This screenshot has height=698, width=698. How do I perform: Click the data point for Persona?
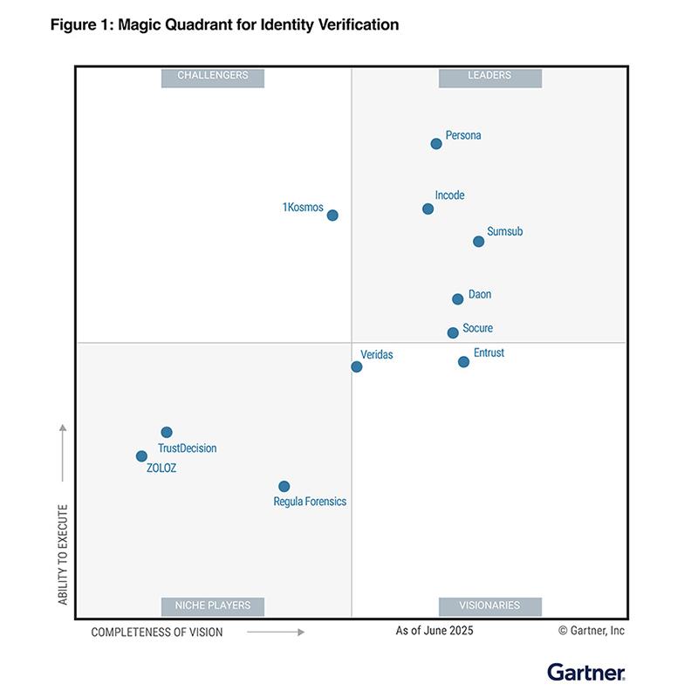(436, 144)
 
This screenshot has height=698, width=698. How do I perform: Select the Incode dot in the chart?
(428, 209)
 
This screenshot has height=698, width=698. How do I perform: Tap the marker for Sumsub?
(478, 242)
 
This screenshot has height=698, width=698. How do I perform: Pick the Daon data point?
(457, 299)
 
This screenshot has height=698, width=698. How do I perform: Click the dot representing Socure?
(453, 332)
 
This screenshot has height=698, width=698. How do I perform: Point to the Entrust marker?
(463, 362)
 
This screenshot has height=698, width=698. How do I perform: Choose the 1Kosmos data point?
(332, 216)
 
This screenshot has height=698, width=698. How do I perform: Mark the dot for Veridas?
(357, 366)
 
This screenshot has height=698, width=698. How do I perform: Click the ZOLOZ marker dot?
(141, 456)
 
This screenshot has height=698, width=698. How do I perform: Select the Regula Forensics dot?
(284, 487)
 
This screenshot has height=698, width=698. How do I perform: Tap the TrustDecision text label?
(187, 448)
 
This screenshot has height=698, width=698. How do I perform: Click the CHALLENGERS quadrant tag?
(213, 76)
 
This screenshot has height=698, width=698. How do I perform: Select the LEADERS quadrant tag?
(489, 76)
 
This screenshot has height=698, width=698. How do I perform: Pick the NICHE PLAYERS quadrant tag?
(213, 606)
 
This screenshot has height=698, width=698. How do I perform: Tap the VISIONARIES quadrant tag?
(489, 606)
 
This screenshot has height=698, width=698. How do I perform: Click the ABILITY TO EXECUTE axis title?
(63, 555)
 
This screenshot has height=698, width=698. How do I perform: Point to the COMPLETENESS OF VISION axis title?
(157, 632)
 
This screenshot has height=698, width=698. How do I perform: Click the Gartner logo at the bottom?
(585, 672)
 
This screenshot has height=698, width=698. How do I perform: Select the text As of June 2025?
(434, 631)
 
